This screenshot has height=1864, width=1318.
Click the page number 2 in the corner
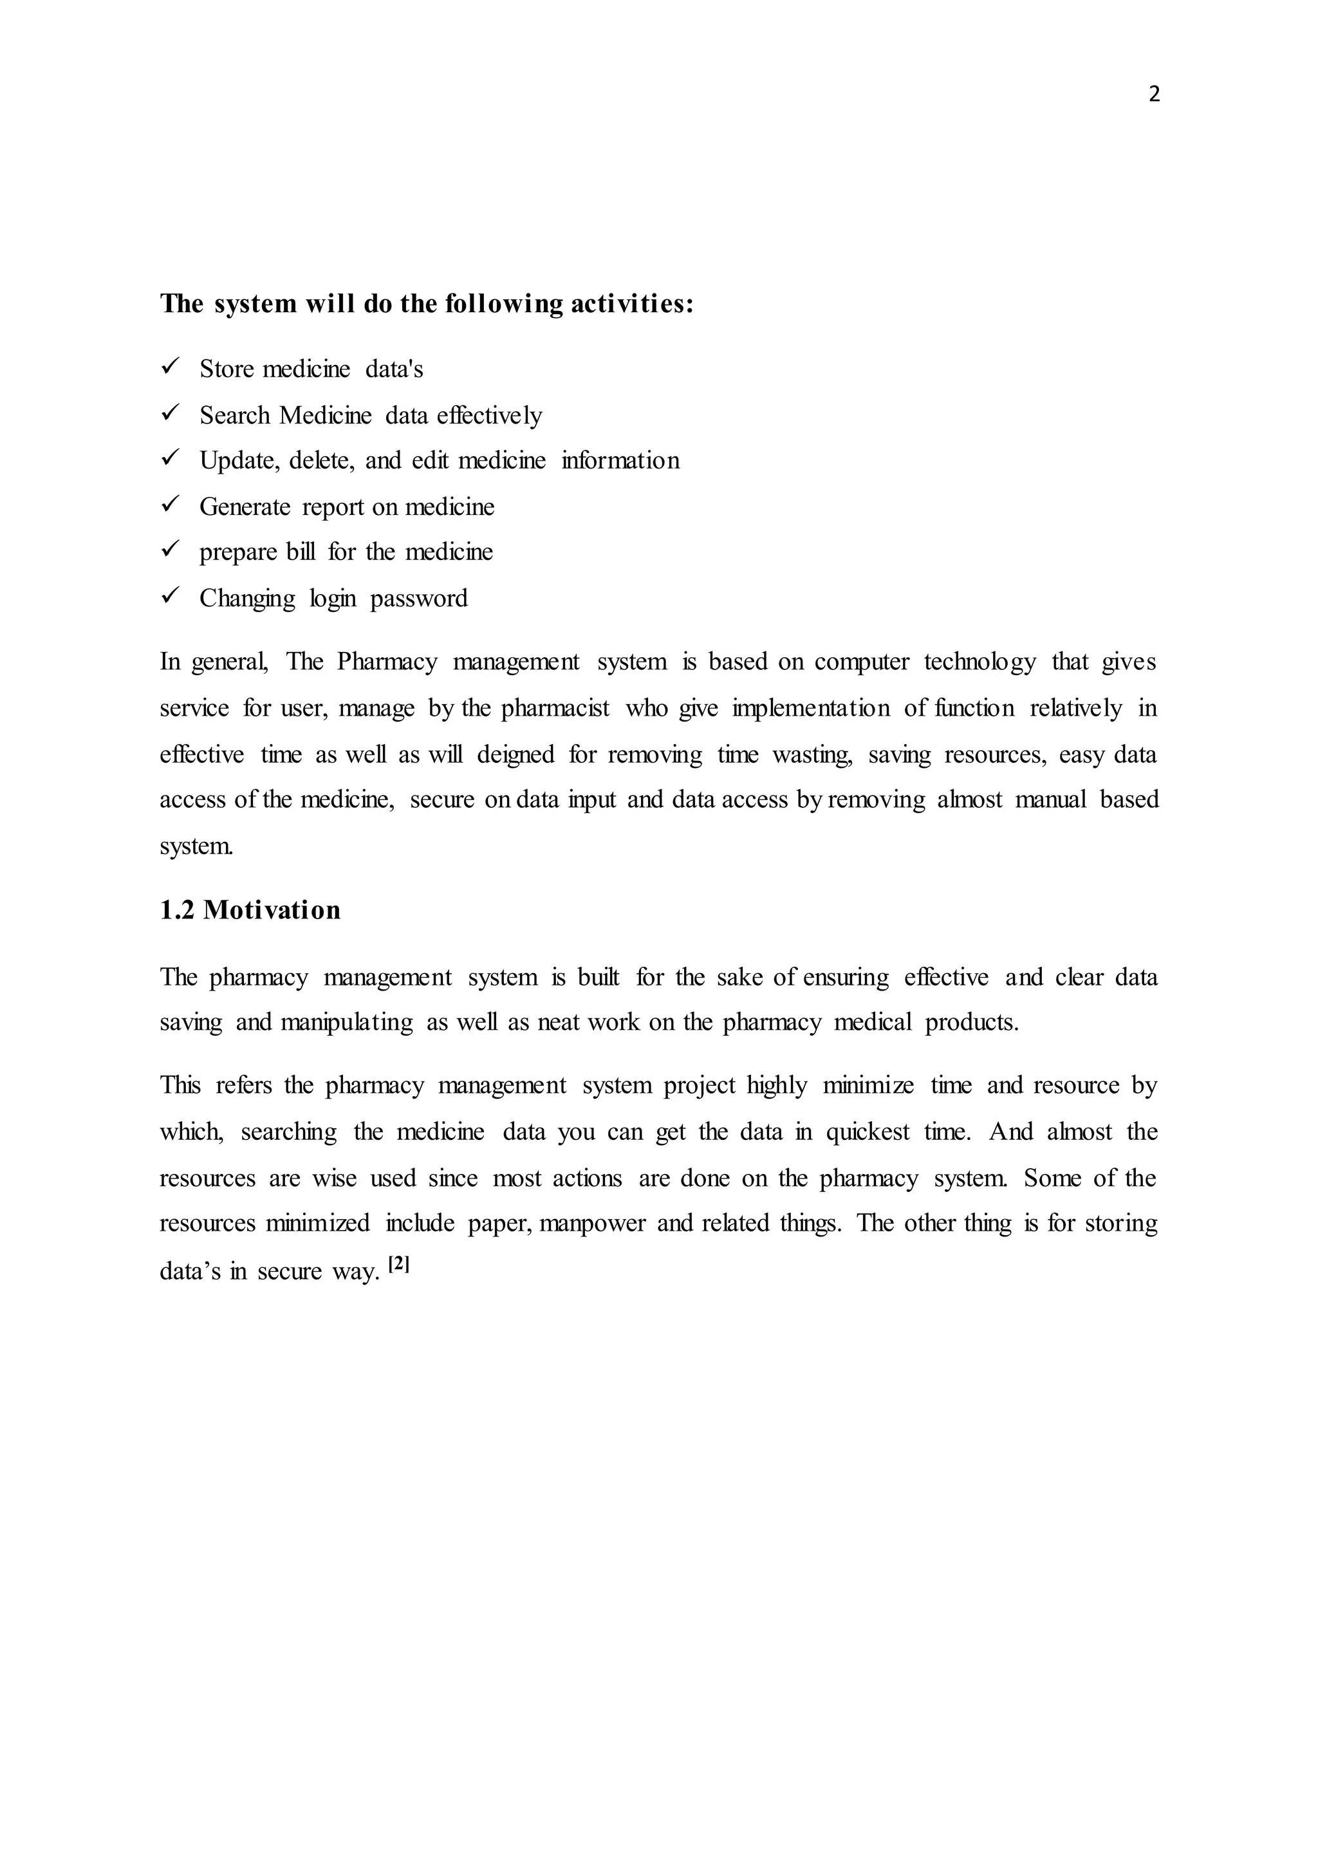1154,95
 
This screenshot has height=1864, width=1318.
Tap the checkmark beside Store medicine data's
170,367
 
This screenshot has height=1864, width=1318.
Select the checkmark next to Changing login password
170,596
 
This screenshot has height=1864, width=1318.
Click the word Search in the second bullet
234,416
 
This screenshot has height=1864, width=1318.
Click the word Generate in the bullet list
245,507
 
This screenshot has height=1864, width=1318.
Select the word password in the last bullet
419,599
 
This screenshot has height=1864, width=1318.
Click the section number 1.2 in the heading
177,910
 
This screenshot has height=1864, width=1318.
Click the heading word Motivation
271,910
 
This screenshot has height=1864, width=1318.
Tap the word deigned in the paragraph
515,755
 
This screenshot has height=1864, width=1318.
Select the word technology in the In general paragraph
979,662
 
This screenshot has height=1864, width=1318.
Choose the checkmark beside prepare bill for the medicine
170,550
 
